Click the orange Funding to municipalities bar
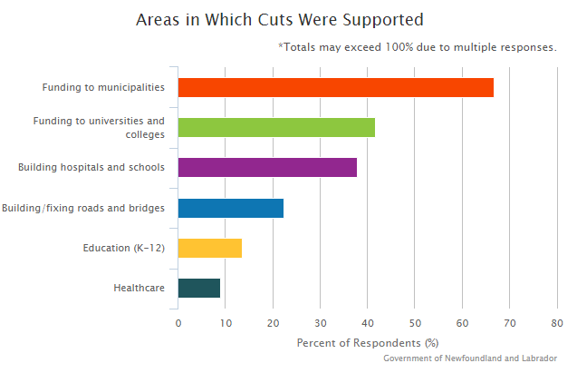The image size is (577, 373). pos(335,87)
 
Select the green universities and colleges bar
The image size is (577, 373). pos(276,127)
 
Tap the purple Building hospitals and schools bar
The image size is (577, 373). pos(267,168)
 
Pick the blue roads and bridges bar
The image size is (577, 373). pos(230,208)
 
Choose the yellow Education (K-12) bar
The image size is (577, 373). pos(209,248)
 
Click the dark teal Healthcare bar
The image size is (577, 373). pos(198,288)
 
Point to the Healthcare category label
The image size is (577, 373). pos(139,288)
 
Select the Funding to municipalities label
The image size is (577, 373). pos(103,87)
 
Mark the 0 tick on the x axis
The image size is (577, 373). pos(178,322)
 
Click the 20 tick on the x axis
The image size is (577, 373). pos(273,322)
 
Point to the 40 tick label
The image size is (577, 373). pos(368,322)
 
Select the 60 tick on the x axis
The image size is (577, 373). pos(463,322)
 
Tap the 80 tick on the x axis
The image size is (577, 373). pos(557,322)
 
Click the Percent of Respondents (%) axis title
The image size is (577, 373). pos(367,343)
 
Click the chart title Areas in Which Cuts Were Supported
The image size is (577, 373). pos(279,19)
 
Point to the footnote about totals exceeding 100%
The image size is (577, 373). pos(418,46)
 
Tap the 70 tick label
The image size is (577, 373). pos(510,322)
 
